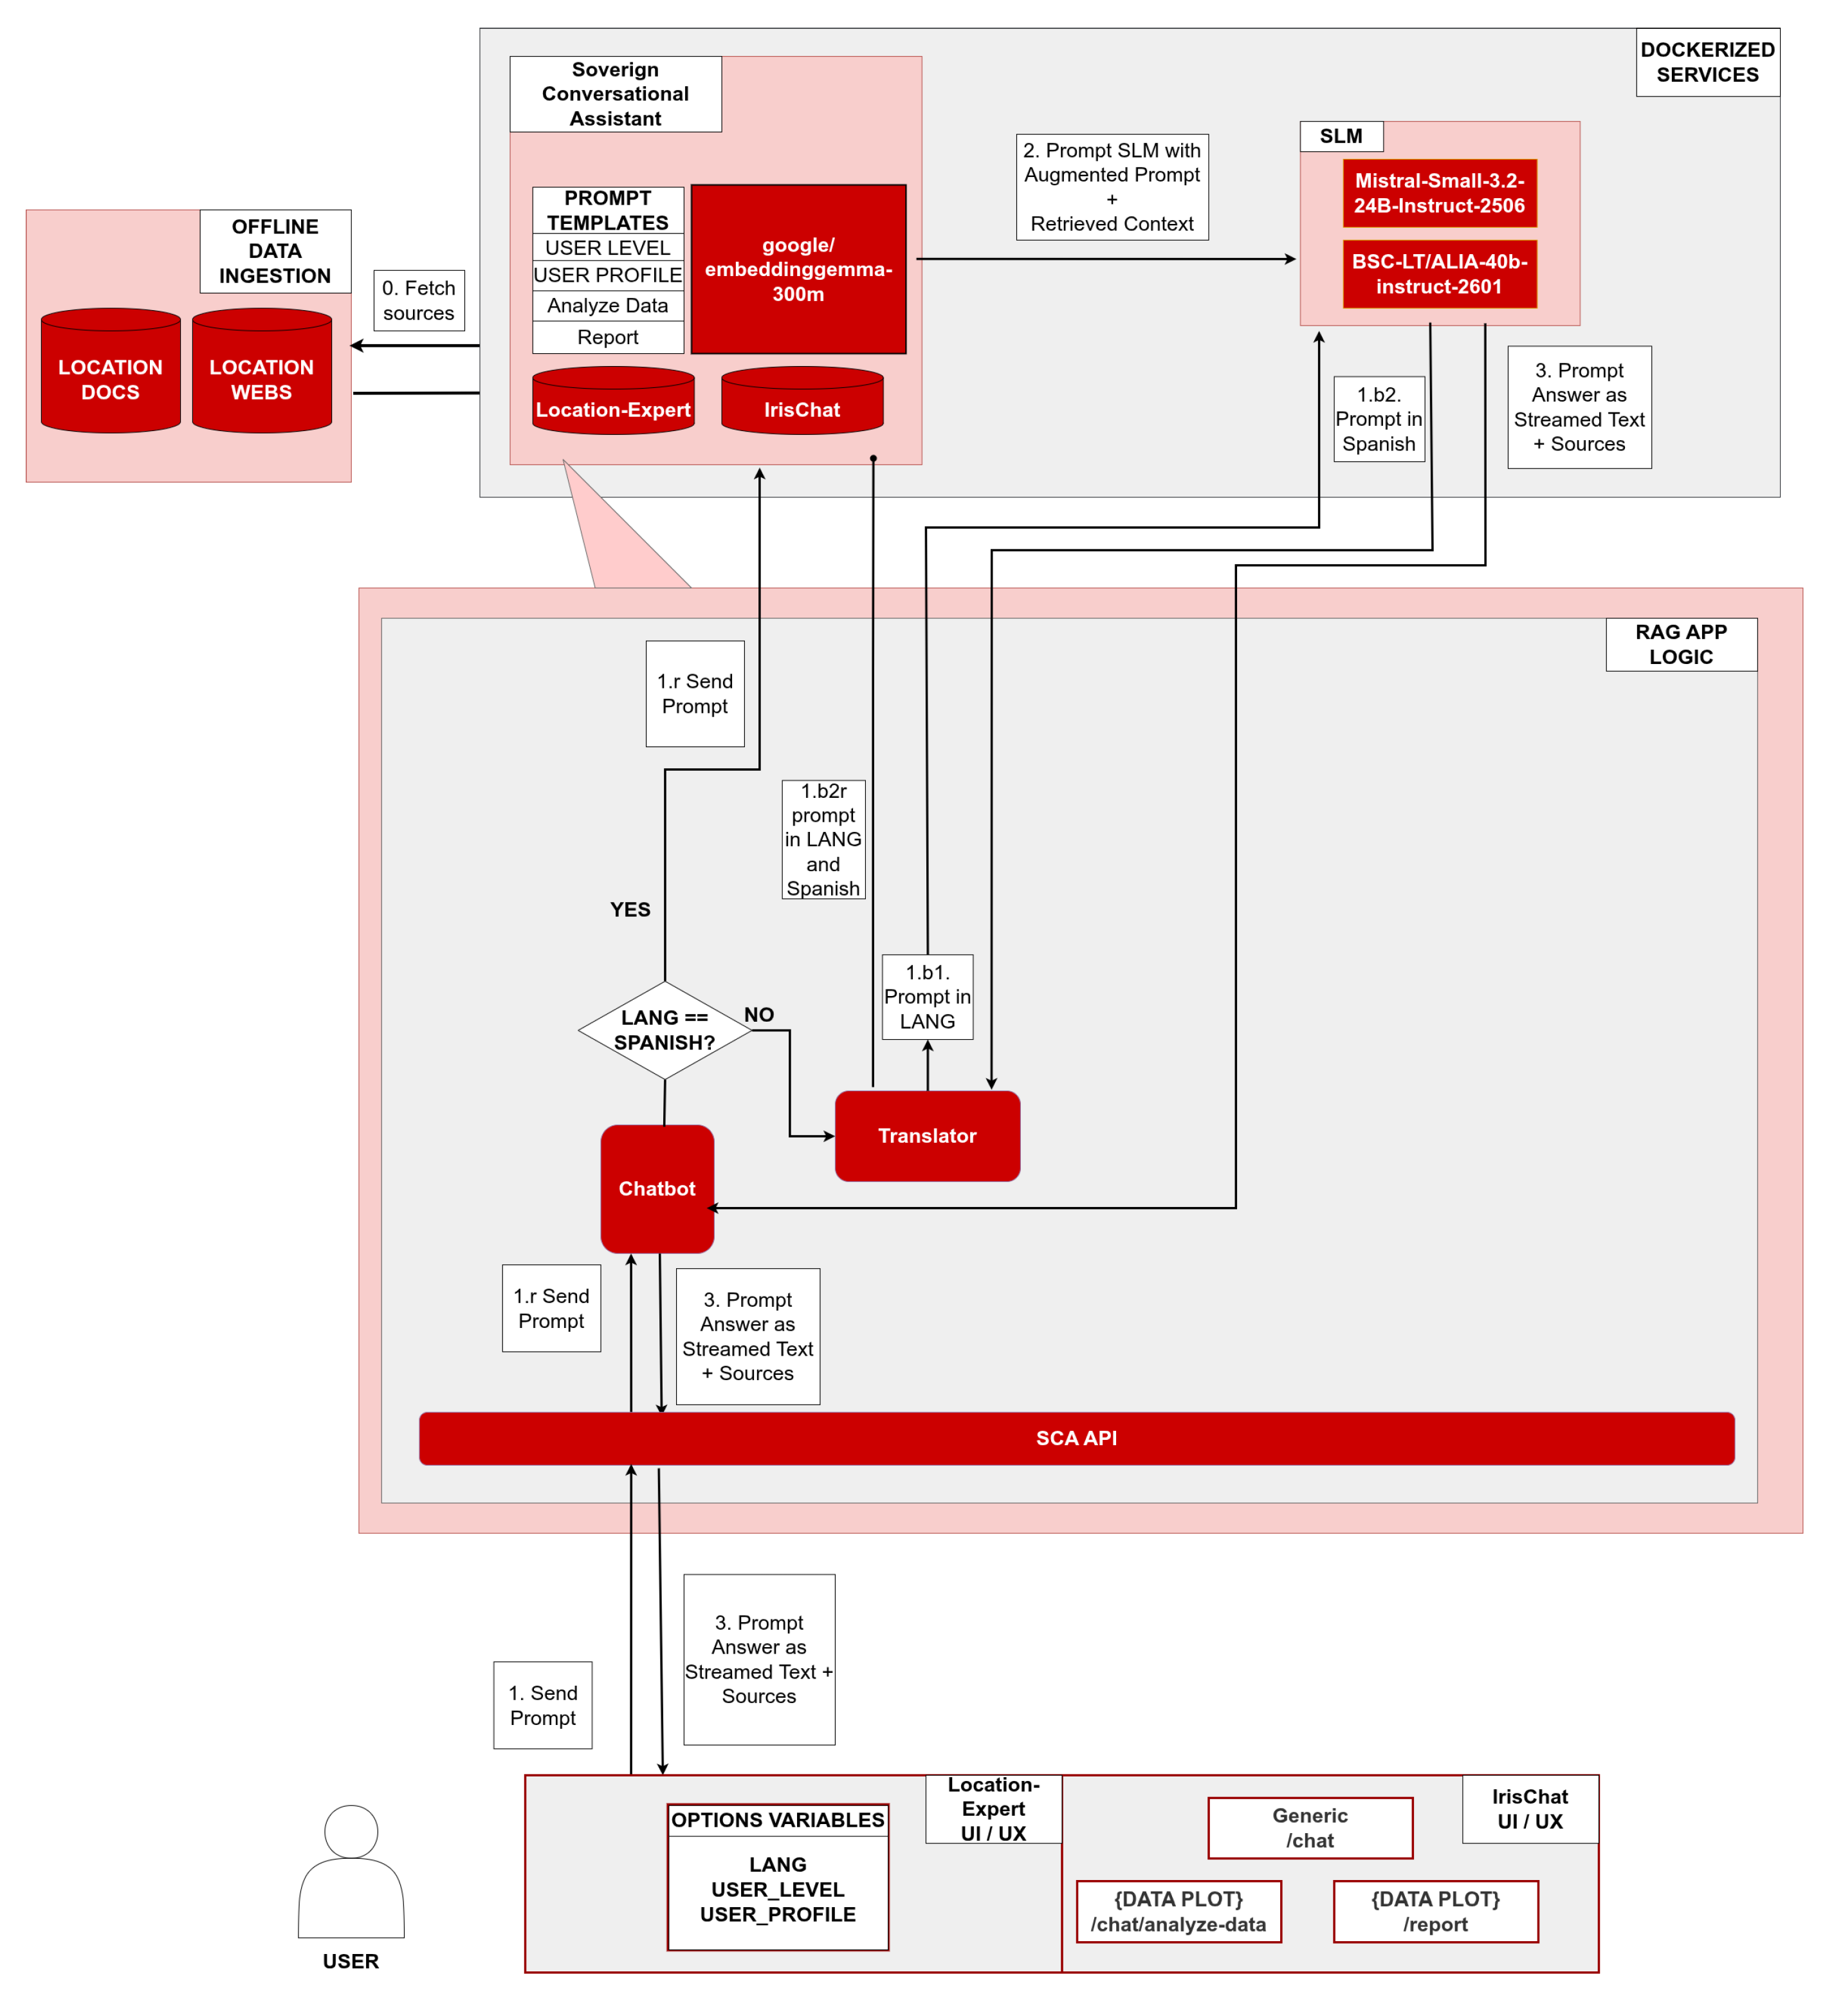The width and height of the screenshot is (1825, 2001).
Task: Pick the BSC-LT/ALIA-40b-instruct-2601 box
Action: (1439, 274)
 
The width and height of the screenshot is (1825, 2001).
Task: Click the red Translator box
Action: (927, 1136)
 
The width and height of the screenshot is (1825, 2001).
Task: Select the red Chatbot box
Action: (657, 1188)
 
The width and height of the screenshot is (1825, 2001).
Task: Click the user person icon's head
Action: (351, 1831)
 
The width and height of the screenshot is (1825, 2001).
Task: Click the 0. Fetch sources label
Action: (419, 300)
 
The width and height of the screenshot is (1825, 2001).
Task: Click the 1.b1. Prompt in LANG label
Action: (927, 997)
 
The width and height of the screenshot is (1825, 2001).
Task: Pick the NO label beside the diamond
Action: (759, 1015)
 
